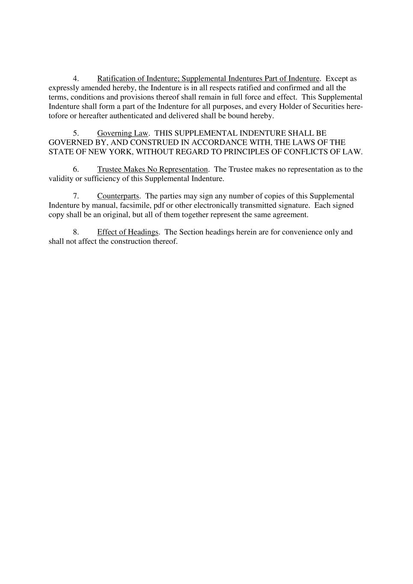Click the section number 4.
[75, 79]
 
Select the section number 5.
[75, 133]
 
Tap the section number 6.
[75, 169]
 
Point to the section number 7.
[75, 196]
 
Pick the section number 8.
[75, 232]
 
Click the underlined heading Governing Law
[123, 133]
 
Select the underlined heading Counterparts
[118, 196]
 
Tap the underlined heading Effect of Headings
[128, 232]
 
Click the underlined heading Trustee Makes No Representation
[152, 169]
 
